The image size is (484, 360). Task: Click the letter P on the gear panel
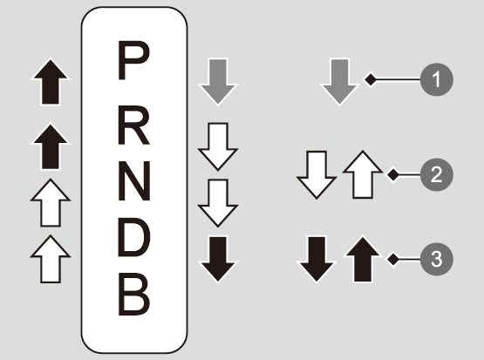[x=133, y=60]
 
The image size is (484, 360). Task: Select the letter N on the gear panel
[x=134, y=180]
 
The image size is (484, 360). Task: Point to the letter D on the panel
[x=134, y=238]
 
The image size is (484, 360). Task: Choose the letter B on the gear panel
[x=134, y=295]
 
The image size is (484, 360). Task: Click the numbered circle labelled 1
[x=436, y=79]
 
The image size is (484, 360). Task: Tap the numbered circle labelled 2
[x=436, y=174]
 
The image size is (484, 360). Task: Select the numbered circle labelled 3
[x=436, y=259]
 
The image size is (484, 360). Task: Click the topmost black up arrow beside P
[x=51, y=82]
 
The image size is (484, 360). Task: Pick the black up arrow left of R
[x=51, y=146]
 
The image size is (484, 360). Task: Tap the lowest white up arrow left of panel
[x=51, y=259]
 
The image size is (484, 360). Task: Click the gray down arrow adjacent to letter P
[x=218, y=82]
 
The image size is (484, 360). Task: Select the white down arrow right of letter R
[x=218, y=146]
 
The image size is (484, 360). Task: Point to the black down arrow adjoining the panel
[x=218, y=259]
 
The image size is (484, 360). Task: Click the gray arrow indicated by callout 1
[x=339, y=82]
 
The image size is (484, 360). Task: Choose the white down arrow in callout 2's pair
[x=317, y=175]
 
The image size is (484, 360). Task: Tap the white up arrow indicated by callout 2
[x=363, y=174]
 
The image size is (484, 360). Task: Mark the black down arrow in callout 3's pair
[x=317, y=259]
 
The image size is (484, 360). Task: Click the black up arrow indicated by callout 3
[x=363, y=259]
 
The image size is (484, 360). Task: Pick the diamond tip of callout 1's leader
[x=371, y=79]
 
